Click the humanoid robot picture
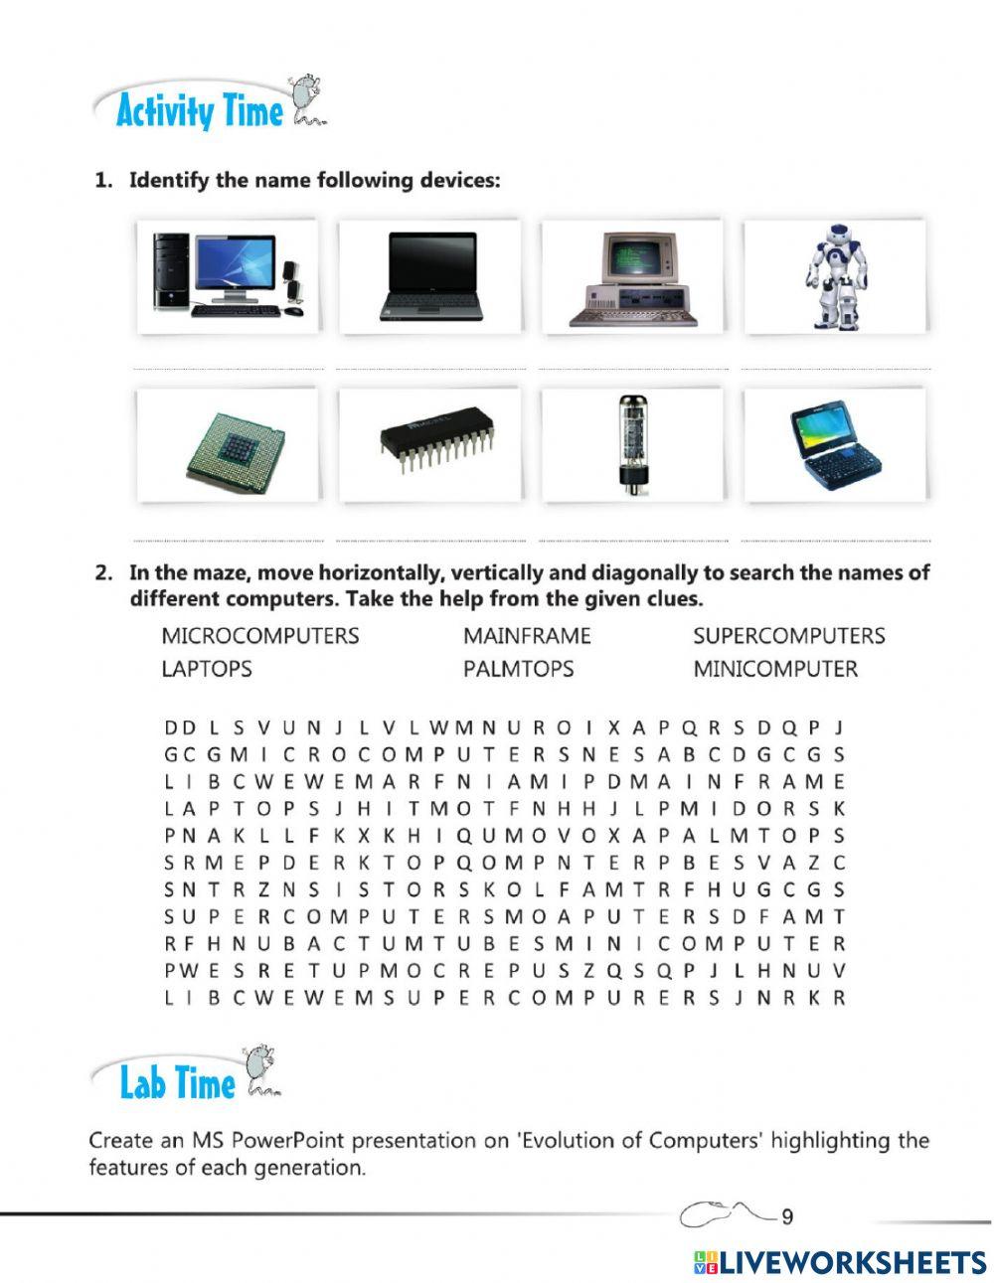tap(835, 275)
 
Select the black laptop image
tap(430, 276)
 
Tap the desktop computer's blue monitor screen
tap(235, 263)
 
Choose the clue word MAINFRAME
tap(526, 636)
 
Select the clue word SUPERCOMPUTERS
tap(788, 636)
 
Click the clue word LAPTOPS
tap(206, 669)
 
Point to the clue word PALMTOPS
tap(518, 669)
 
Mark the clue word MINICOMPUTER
tap(774, 669)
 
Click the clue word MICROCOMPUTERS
tap(259, 636)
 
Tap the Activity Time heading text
tap(199, 111)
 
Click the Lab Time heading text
tap(177, 1082)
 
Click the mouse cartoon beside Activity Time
tap(306, 99)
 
